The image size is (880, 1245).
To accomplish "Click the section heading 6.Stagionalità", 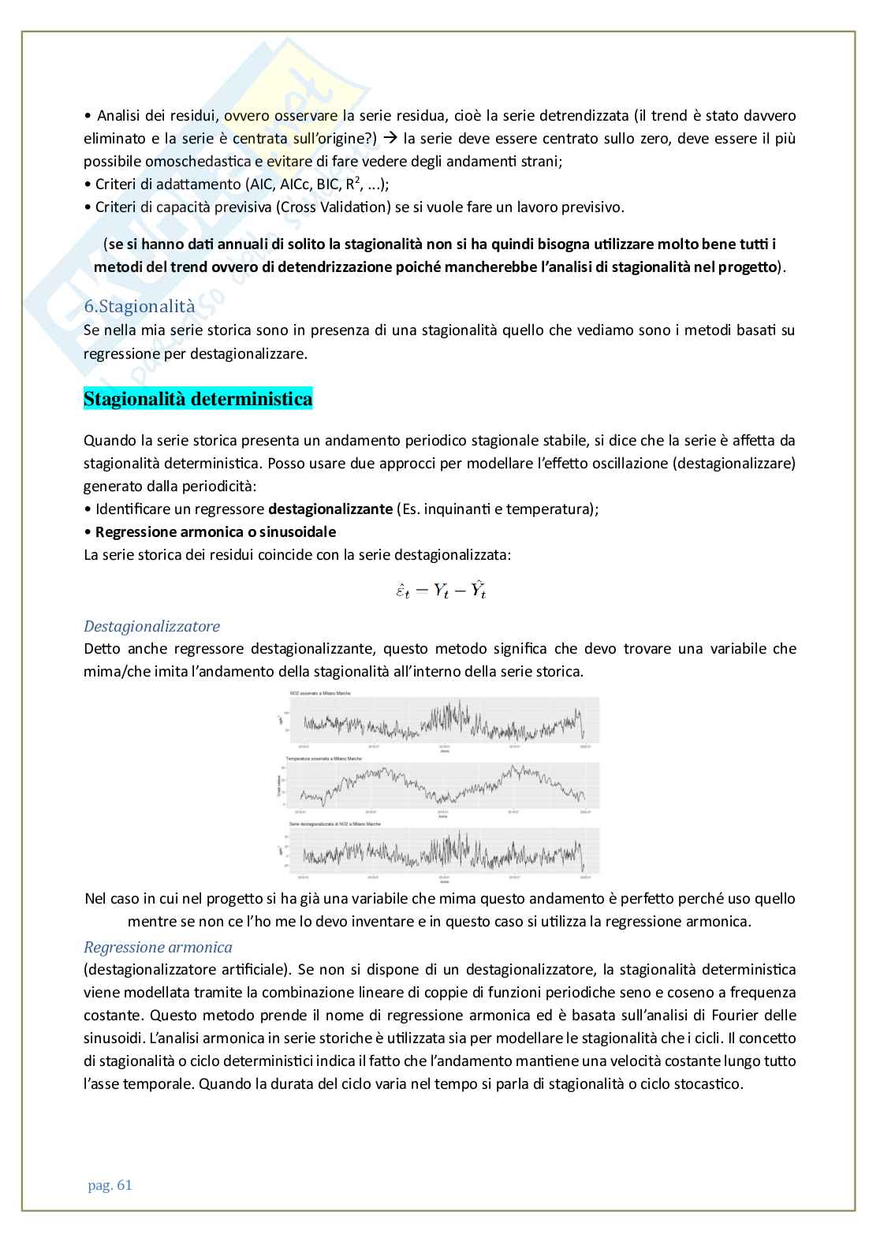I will [139, 307].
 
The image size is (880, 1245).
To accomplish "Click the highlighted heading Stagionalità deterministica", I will [198, 399].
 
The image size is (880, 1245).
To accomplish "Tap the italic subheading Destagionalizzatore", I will [151, 626].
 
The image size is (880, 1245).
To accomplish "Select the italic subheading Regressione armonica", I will [158, 947].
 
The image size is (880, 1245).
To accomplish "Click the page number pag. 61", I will [108, 1185].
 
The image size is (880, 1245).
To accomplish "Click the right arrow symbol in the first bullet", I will [390, 139].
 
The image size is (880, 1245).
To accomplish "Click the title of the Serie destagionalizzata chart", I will [334, 823].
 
